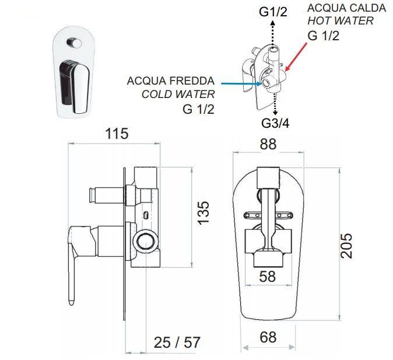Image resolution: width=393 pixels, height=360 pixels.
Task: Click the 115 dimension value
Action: pos(117,134)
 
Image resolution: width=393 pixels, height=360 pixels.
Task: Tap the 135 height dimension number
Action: pos(203,212)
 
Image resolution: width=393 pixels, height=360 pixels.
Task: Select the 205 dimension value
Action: pos(346,246)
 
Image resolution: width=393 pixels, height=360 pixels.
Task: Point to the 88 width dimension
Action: pos(268,144)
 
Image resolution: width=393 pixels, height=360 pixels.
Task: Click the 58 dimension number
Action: pos(268,277)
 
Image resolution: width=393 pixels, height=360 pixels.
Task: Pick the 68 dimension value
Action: pos(268,337)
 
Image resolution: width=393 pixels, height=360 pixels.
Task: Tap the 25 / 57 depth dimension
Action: pos(177,342)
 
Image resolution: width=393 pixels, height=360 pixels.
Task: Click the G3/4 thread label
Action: pos(275,123)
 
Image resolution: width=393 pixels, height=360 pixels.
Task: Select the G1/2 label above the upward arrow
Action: pos(273,12)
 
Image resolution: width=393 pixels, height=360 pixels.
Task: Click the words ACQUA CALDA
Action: pos(346,8)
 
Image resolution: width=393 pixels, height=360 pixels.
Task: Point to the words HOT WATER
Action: pos(341,20)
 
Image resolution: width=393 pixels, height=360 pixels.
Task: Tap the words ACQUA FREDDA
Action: pos(171,81)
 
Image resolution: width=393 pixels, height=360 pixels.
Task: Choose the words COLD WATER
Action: pos(178,95)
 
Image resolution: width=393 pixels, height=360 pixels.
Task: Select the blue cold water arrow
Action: pos(241,83)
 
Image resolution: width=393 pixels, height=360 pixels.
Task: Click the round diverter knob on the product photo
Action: pos(74,43)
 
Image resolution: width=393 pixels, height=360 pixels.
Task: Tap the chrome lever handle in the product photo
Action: pos(75,86)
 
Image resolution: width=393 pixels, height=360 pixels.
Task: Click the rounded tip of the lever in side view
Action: pos(71,302)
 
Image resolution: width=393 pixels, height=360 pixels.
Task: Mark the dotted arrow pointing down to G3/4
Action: pos(275,104)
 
